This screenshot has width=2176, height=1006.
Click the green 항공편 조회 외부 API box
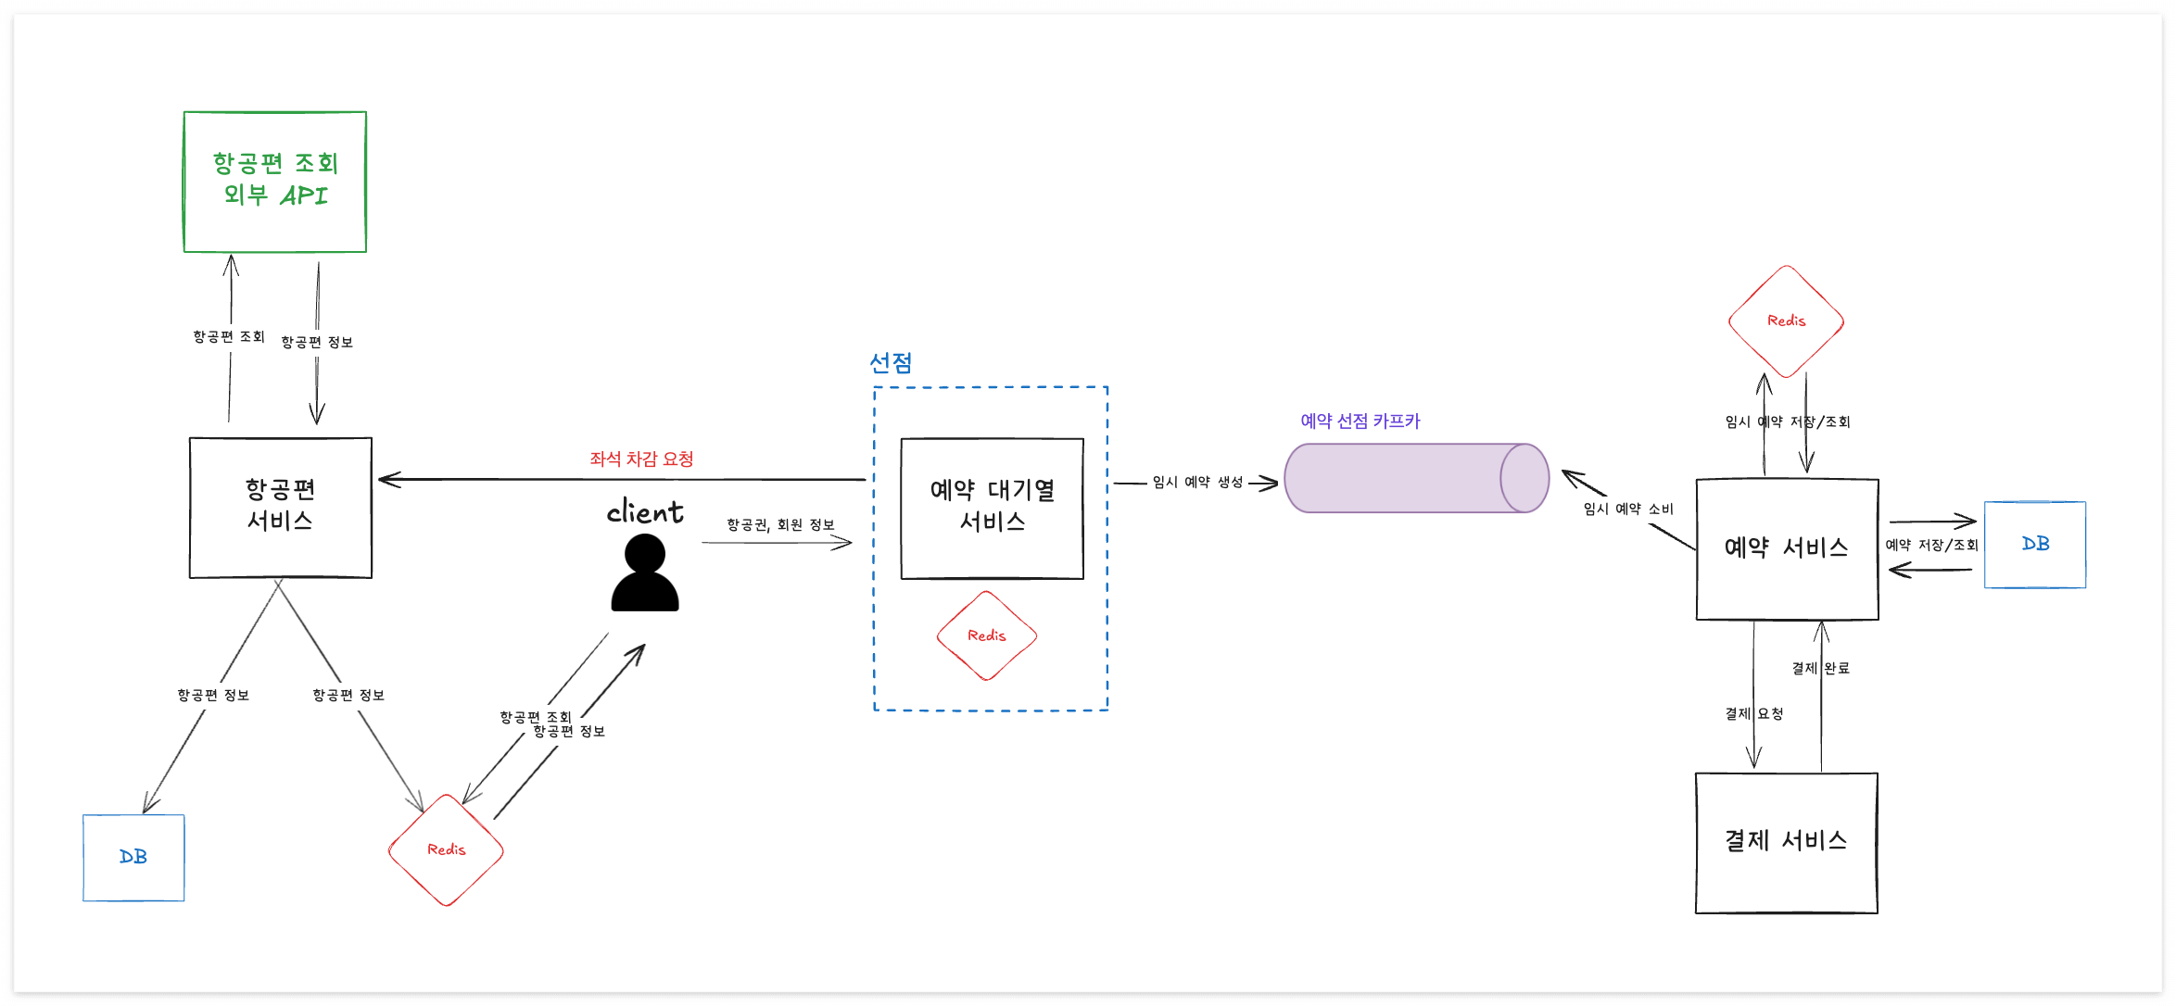pyautogui.click(x=275, y=182)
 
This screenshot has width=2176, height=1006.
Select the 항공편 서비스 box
pyautogui.click(x=280, y=507)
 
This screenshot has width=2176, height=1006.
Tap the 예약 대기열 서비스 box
pyautogui.click(x=992, y=508)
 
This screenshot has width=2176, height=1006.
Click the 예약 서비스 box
pyautogui.click(x=1787, y=548)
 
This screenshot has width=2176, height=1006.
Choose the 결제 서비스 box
pyautogui.click(x=1786, y=842)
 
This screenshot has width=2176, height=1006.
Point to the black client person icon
pyautogui.click(x=645, y=574)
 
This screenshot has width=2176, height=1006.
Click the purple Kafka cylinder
pyautogui.click(x=1416, y=478)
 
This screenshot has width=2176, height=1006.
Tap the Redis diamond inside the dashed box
pyautogui.click(x=987, y=635)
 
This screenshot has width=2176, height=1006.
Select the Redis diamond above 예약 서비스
pyautogui.click(x=1786, y=321)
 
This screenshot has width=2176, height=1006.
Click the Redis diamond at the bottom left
pyautogui.click(x=446, y=849)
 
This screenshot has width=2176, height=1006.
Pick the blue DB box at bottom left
pyautogui.click(x=133, y=857)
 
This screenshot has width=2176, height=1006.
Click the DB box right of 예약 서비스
pyautogui.click(x=2035, y=544)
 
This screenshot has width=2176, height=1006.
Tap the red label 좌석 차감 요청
pyautogui.click(x=641, y=459)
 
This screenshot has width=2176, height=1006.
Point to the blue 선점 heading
pyautogui.click(x=891, y=362)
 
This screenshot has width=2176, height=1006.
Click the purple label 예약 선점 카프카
pyautogui.click(x=1360, y=421)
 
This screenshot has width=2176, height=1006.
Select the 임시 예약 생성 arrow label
pyautogui.click(x=1197, y=482)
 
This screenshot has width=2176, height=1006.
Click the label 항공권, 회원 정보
pyautogui.click(x=780, y=524)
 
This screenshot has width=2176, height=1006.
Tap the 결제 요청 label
pyautogui.click(x=1753, y=713)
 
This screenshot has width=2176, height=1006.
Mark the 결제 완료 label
pyautogui.click(x=1820, y=667)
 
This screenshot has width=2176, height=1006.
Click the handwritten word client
pyautogui.click(x=645, y=511)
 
